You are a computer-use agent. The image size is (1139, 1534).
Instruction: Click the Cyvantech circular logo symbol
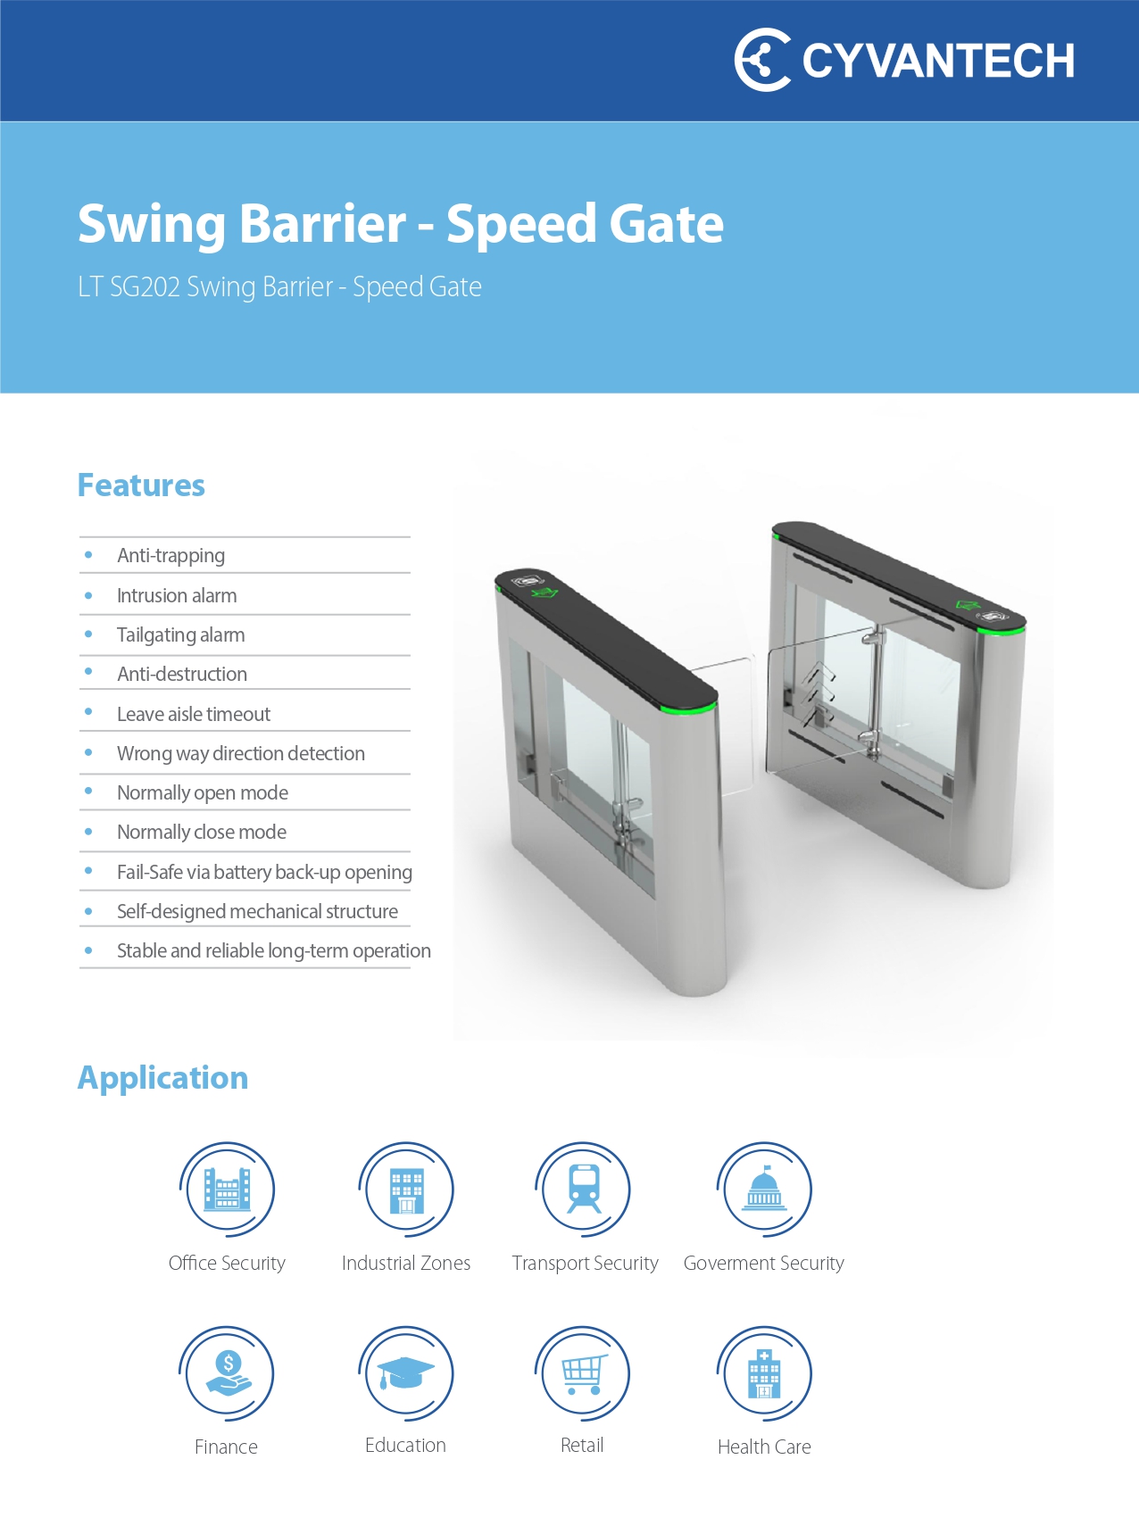pyautogui.click(x=761, y=60)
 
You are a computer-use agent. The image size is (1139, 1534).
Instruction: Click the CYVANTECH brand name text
pyautogui.click(x=937, y=62)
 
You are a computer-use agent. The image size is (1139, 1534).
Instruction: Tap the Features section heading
pyautogui.click(x=141, y=485)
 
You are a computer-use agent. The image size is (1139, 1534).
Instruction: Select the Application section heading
pyautogui.click(x=162, y=1078)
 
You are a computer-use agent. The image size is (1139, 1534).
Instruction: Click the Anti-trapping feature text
pyautogui.click(x=170, y=556)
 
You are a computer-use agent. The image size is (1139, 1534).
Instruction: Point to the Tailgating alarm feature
pyautogui.click(x=180, y=634)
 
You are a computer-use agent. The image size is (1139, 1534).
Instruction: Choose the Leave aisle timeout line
pyautogui.click(x=193, y=714)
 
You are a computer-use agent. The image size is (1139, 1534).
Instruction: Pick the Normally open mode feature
pyautogui.click(x=202, y=792)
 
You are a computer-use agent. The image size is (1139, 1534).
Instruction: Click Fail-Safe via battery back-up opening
pyautogui.click(x=264, y=872)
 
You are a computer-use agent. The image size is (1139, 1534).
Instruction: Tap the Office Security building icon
pyautogui.click(x=227, y=1190)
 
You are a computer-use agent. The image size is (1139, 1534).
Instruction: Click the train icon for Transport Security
pyautogui.click(x=584, y=1190)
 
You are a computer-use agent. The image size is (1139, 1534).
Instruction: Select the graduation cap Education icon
pyautogui.click(x=405, y=1373)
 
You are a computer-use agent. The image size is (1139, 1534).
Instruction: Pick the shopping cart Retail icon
pyautogui.click(x=583, y=1373)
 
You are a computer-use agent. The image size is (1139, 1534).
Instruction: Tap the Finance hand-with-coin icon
pyautogui.click(x=227, y=1373)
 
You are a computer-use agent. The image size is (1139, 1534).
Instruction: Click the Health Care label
pyautogui.click(x=764, y=1447)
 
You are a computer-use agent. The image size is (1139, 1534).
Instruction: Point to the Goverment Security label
pyautogui.click(x=763, y=1263)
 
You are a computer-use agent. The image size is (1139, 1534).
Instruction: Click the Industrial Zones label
pyautogui.click(x=405, y=1263)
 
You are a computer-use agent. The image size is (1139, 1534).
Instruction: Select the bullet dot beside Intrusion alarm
pyautogui.click(x=88, y=595)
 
